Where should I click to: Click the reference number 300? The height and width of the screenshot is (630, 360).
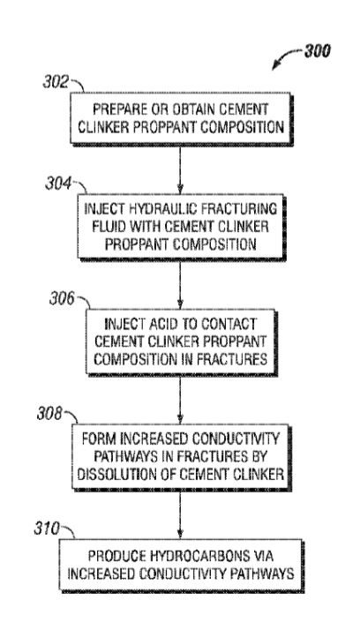tap(318, 51)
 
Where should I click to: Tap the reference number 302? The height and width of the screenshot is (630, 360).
tap(56, 82)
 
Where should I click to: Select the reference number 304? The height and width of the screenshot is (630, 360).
tap(58, 184)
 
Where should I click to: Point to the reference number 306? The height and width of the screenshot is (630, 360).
tap(62, 299)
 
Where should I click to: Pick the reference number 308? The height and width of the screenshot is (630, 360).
tap(49, 414)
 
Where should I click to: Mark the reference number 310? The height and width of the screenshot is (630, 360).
tap(47, 529)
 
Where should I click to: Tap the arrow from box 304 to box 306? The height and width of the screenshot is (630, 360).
tap(180, 285)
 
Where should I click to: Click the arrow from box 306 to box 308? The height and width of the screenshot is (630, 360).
tap(180, 400)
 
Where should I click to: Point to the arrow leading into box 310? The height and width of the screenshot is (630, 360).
tap(180, 514)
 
